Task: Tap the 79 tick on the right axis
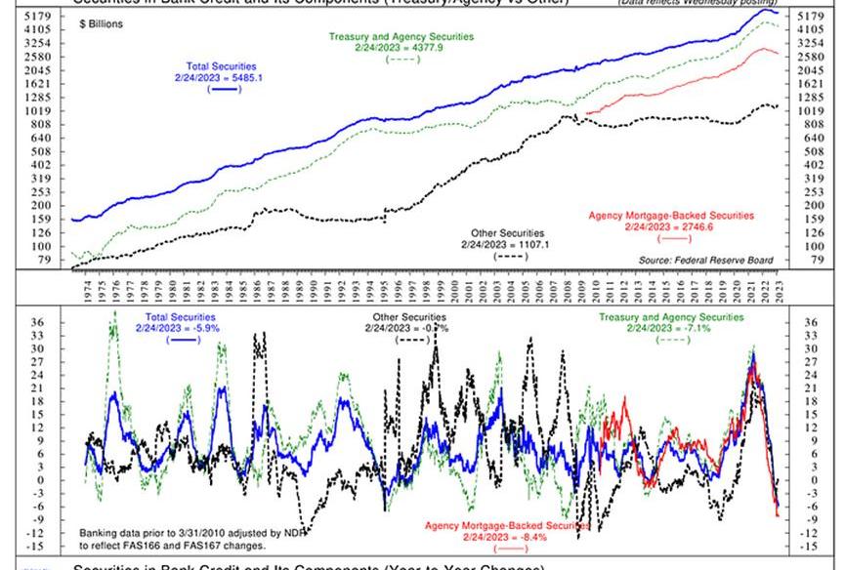807,260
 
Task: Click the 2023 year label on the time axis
778,289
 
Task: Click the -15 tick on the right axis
808,547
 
